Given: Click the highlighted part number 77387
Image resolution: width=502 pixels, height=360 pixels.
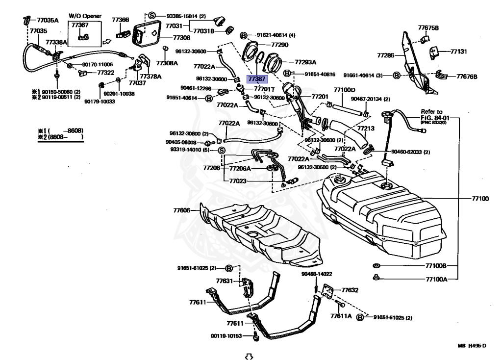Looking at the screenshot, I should pos(256,78).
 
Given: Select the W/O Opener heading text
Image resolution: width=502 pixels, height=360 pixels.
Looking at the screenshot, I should pos(85,16).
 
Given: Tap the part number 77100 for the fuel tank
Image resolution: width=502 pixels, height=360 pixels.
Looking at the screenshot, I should pos(480,199).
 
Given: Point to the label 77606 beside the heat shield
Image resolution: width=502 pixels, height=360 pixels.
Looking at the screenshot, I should pos(181,210).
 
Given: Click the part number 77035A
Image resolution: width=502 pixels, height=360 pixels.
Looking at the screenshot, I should pos(48,21).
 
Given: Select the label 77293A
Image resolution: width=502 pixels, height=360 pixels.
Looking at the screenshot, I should pos(305,62).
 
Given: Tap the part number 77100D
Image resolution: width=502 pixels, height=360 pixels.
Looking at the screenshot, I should pos(344,90).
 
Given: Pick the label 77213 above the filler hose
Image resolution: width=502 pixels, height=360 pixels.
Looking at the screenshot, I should pos(365,129).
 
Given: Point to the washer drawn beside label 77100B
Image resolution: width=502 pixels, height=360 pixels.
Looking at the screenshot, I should pos(376,266).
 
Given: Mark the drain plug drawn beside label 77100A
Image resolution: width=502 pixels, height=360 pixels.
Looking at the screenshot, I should pos(376,278).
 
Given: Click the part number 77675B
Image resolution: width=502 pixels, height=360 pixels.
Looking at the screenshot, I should pos(428,27).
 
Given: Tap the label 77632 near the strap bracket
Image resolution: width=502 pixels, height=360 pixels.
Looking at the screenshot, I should pos(350,290).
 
